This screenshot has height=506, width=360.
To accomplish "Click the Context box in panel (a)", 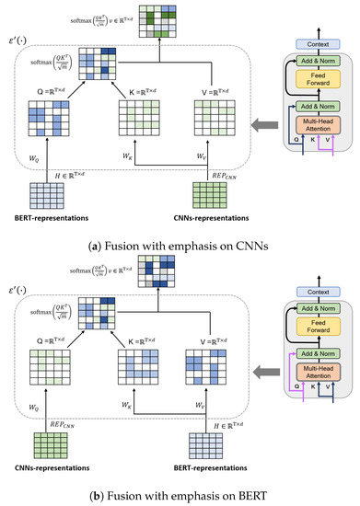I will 318,44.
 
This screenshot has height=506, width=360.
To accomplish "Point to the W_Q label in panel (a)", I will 36,159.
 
